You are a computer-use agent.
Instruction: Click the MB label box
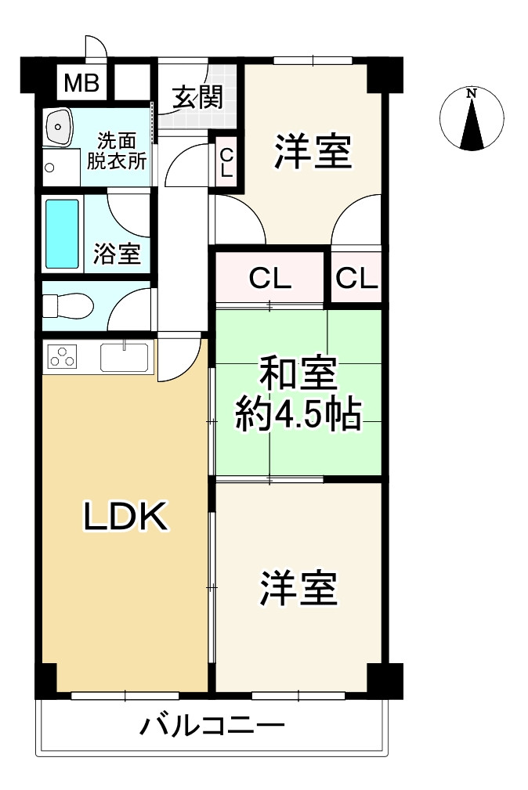pos(81,82)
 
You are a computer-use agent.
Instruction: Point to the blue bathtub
pos(63,233)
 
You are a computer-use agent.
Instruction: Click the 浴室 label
pos(118,254)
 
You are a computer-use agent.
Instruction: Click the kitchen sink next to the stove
pos(125,358)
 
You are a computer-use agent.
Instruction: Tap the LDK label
pos(125,517)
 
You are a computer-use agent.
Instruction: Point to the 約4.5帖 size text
pos(298,416)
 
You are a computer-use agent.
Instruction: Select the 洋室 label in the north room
pos(311,151)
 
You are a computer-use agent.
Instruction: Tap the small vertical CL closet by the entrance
pos(226,163)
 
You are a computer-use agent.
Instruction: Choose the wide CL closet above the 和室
pos(270,278)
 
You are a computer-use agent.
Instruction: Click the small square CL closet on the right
pos(356,277)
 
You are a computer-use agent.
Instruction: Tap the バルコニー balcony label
pos(211,727)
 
